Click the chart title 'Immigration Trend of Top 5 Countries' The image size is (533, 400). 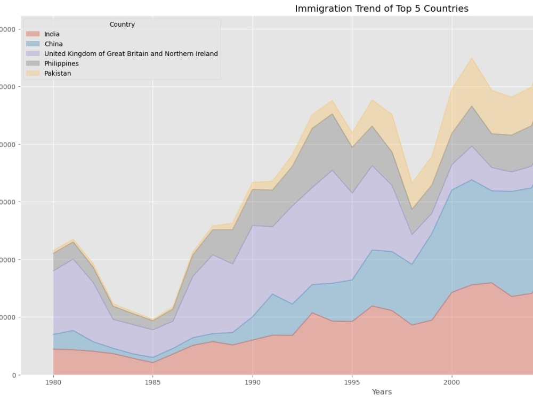pyautogui.click(x=382, y=9)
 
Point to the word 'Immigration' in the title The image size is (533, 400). pyautogui.click(x=322, y=9)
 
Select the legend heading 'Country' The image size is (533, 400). pyautogui.click(x=122, y=25)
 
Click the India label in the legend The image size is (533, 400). pyautogui.click(x=52, y=34)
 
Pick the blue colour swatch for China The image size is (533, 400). pyautogui.click(x=33, y=44)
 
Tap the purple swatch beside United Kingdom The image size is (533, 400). pyautogui.click(x=33, y=54)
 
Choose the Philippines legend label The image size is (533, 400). pyautogui.click(x=61, y=63)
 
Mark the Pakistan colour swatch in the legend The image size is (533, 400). pyautogui.click(x=33, y=74)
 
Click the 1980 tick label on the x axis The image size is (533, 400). pyautogui.click(x=53, y=382)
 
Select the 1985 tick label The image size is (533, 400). pyautogui.click(x=153, y=382)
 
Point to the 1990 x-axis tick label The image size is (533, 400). pyautogui.click(x=253, y=382)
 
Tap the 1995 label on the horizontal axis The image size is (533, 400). pyautogui.click(x=352, y=382)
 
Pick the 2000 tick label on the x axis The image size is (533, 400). pyautogui.click(x=452, y=382)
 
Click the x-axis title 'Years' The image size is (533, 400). pyautogui.click(x=382, y=392)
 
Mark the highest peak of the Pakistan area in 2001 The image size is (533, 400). pyautogui.click(x=472, y=58)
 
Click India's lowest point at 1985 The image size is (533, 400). pyautogui.click(x=153, y=363)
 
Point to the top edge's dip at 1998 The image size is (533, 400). pyautogui.click(x=412, y=182)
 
